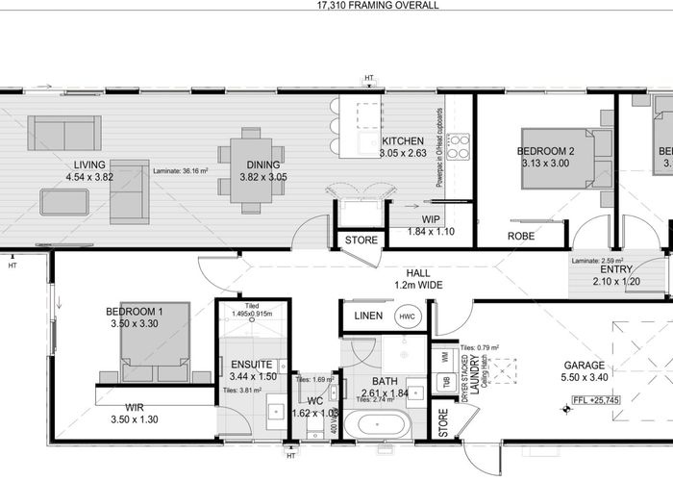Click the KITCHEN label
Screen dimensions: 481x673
(x=403, y=140)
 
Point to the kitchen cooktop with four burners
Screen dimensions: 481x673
(x=459, y=146)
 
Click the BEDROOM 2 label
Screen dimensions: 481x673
(x=545, y=151)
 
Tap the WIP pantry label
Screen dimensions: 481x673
(x=431, y=205)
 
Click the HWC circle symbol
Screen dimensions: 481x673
(x=407, y=316)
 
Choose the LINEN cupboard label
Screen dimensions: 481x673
(x=368, y=316)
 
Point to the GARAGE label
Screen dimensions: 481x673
(x=585, y=366)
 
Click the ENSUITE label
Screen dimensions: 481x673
(x=252, y=365)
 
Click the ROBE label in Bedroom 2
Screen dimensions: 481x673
(x=521, y=236)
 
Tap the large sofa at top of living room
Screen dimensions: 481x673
(x=64, y=133)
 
